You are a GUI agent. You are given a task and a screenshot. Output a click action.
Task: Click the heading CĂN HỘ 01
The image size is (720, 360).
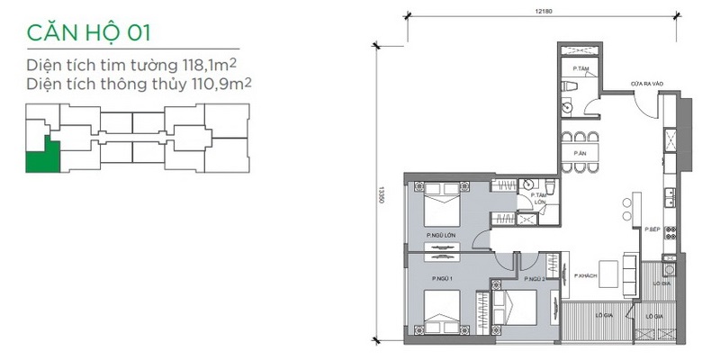click(x=88, y=33)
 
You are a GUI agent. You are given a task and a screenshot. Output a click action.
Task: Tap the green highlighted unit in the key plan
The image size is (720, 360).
click(x=43, y=158)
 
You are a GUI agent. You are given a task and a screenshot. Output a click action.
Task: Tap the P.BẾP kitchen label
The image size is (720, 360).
click(x=652, y=229)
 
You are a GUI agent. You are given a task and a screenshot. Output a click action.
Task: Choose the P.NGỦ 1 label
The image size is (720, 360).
click(x=440, y=279)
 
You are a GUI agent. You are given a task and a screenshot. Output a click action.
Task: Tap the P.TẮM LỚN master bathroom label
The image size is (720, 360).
click(x=540, y=199)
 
